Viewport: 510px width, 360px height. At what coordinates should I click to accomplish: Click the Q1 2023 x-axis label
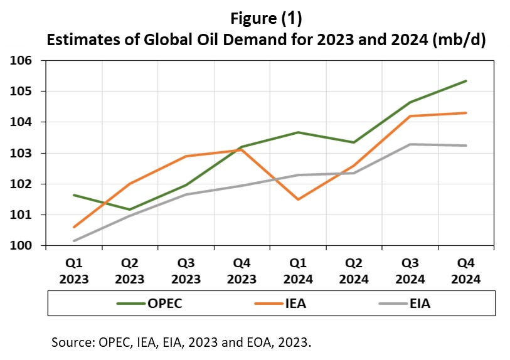tap(73, 272)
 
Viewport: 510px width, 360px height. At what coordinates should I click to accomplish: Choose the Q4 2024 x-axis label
tap(466, 272)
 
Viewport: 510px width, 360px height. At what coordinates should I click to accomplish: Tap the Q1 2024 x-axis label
tap(298, 272)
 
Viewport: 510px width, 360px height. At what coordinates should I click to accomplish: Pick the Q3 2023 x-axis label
tap(186, 272)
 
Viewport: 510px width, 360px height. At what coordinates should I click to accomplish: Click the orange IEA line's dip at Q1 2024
tap(298, 199)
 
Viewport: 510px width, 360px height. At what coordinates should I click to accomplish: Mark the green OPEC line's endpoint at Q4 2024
tap(466, 81)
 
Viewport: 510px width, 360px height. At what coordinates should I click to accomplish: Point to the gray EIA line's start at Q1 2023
tap(73, 241)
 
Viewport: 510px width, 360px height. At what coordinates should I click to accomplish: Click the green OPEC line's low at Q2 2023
tap(130, 209)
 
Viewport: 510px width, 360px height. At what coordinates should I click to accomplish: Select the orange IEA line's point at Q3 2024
tap(410, 116)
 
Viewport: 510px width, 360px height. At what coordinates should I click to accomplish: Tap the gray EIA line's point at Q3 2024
tap(410, 144)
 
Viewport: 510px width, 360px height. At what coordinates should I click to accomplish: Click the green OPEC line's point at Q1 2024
tap(298, 132)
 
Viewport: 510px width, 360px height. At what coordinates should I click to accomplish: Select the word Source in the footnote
tap(73, 344)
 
